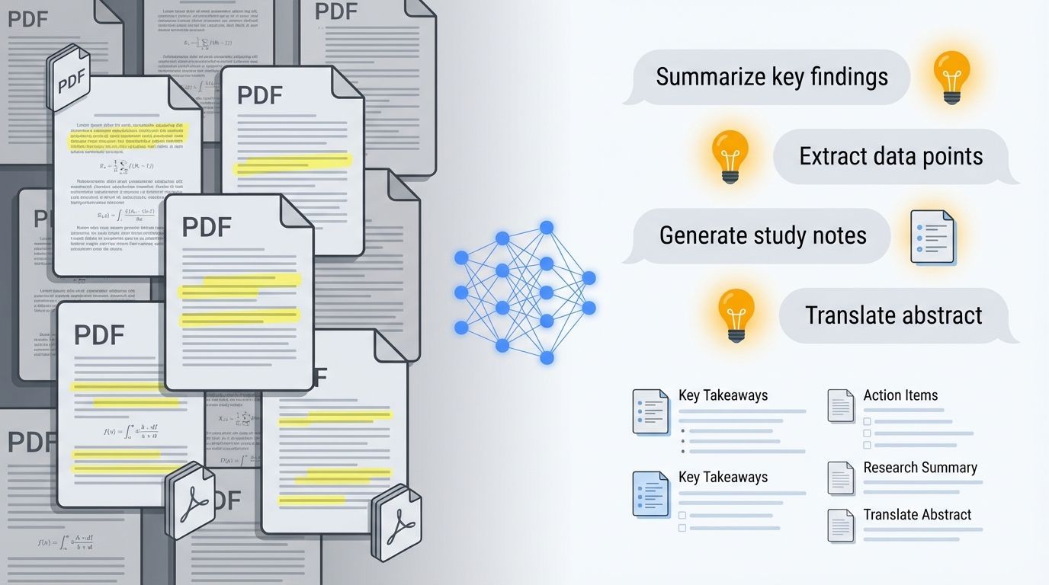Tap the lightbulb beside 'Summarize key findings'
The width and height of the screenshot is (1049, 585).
(951, 76)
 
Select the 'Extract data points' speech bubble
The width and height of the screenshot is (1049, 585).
(890, 156)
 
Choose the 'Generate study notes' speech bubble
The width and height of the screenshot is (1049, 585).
(762, 235)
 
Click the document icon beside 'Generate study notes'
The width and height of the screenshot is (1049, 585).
(932, 237)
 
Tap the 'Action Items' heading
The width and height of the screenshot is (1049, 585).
(900, 395)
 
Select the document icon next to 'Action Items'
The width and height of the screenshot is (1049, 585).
(841, 405)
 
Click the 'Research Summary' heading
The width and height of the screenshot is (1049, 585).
(920, 468)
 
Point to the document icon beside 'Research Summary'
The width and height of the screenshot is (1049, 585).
(841, 478)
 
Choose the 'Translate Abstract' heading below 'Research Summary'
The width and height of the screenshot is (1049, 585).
(917, 515)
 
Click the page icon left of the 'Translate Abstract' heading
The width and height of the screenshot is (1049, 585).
(841, 525)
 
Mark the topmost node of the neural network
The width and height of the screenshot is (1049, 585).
(546, 227)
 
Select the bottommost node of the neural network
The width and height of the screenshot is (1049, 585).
(546, 357)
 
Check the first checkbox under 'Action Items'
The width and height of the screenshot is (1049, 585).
(867, 421)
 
